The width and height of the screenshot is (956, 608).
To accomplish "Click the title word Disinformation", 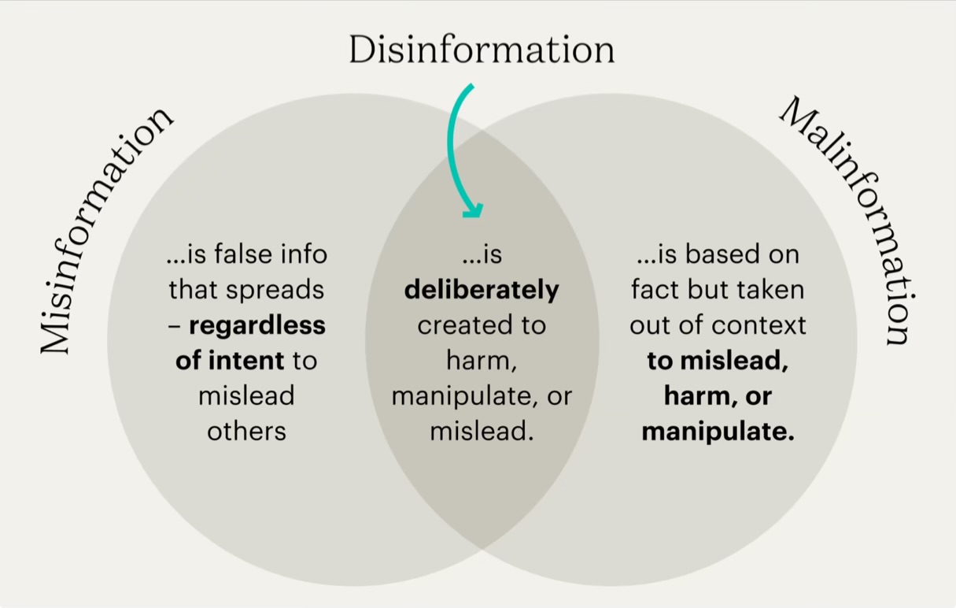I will pyautogui.click(x=482, y=50).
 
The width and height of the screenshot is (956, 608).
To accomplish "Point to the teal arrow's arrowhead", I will pyautogui.click(x=472, y=209).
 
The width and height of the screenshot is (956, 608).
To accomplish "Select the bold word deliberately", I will pyautogui.click(x=482, y=290).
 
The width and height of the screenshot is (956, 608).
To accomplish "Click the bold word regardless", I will pyautogui.click(x=257, y=325).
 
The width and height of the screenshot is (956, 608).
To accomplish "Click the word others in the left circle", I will pyautogui.click(x=246, y=431).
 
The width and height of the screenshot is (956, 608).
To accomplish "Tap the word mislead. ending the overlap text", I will pyautogui.click(x=482, y=432).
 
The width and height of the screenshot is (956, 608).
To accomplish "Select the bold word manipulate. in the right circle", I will pyautogui.click(x=718, y=432).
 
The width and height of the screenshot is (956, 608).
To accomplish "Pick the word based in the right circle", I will pyautogui.click(x=722, y=254).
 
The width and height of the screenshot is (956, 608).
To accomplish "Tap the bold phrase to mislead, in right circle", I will pyautogui.click(x=718, y=361).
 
